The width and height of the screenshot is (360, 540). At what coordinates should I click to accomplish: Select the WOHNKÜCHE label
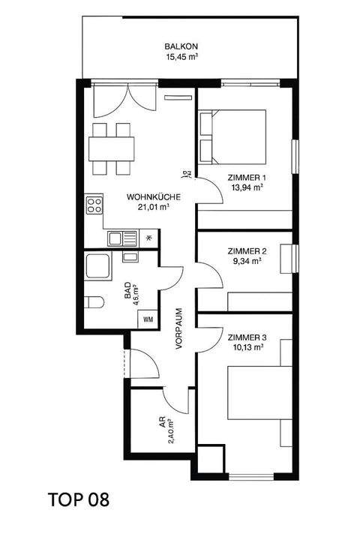[151, 197]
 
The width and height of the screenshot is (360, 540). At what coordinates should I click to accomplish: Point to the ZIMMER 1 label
[246, 177]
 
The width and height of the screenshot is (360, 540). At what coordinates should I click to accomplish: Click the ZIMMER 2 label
[246, 252]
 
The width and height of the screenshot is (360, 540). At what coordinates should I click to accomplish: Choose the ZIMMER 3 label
[246, 337]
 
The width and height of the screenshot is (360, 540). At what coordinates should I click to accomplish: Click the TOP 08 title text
[78, 500]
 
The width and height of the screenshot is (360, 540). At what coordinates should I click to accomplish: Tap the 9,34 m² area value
[246, 262]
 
